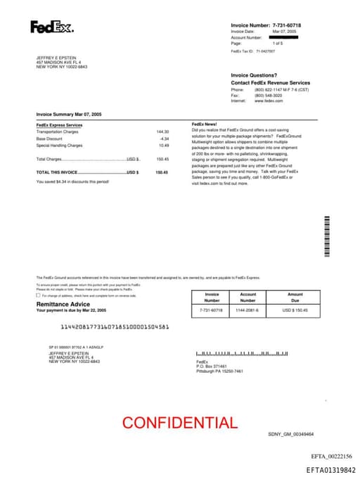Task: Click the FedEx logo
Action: (51, 27)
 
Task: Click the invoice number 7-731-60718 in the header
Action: (291, 25)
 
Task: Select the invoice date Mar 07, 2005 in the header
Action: (285, 32)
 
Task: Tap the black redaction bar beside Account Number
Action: (284, 37)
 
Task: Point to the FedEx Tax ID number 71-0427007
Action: (266, 51)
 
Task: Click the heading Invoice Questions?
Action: (254, 75)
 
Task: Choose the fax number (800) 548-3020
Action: (269, 95)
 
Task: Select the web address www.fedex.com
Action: (269, 101)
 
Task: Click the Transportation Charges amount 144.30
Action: (162, 132)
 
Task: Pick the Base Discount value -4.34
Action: (164, 139)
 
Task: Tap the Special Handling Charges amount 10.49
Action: (163, 145)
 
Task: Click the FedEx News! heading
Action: (205, 125)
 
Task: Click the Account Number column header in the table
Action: (248, 297)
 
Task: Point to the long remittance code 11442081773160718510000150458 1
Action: (115, 326)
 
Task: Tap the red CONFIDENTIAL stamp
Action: (180, 423)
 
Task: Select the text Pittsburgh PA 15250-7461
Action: (219, 371)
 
